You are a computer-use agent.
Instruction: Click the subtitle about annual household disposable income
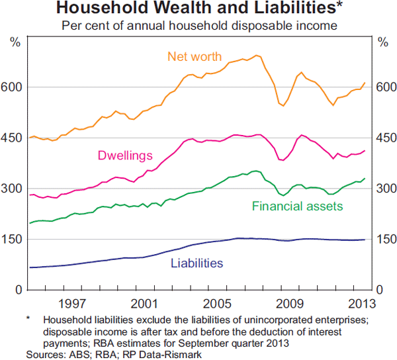[x=198, y=26]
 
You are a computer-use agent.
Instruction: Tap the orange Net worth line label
[x=195, y=56]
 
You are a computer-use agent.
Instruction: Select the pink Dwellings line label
[x=125, y=156]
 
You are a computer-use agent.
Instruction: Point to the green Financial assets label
[x=297, y=206]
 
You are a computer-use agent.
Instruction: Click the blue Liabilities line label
[x=197, y=263]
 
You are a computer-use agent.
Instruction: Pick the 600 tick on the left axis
[x=15, y=87]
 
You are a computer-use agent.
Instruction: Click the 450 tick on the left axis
[x=15, y=138]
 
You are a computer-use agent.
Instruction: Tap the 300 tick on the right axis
[x=384, y=189]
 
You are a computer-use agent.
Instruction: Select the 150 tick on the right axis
[x=384, y=240]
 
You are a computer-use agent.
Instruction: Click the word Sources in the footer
[x=46, y=354]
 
